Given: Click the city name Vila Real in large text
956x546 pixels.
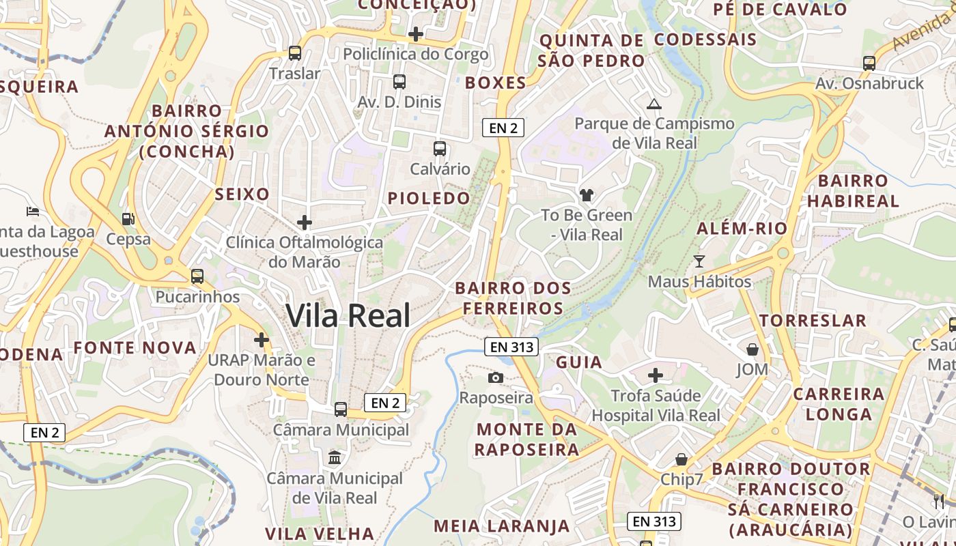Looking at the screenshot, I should tap(348, 316).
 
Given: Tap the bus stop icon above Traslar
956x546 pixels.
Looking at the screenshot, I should tap(295, 53).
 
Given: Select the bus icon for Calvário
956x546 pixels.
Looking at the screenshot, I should tap(440, 148).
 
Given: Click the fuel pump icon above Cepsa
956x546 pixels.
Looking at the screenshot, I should tap(128, 219).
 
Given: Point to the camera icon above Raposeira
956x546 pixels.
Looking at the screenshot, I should tap(496, 377).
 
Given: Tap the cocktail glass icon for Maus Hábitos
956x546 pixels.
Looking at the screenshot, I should tap(699, 261).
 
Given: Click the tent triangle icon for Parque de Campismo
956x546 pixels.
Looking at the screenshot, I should tap(654, 104).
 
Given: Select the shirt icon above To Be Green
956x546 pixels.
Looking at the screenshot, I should tap(587, 195).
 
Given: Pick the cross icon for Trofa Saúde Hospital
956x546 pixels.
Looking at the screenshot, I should tap(656, 375).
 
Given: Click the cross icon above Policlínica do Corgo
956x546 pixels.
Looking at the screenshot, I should tap(415, 33).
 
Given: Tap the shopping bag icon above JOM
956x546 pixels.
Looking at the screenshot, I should tap(752, 349).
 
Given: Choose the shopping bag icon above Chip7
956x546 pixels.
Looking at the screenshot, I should tap(681, 459).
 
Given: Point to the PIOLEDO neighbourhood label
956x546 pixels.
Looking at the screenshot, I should tap(430, 199).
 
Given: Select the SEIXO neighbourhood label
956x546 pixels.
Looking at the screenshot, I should tap(242, 195).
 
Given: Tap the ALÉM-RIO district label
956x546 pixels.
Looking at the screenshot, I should tap(742, 229).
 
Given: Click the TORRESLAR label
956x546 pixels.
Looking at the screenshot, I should tap(813, 320).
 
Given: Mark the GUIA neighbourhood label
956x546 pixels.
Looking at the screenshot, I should tap(579, 362).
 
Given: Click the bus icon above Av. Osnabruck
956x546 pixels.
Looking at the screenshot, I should tap(869, 63).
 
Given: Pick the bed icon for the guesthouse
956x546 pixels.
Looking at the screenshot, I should tap(32, 211).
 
